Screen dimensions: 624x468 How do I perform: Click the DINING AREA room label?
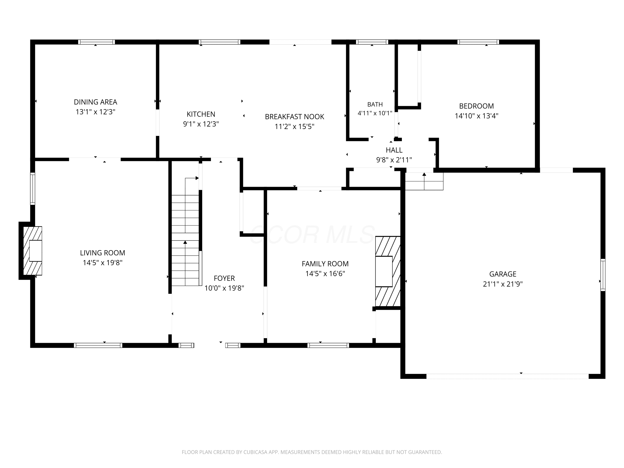pos(95,102)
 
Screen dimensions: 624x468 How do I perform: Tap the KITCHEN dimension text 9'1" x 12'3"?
pos(201,124)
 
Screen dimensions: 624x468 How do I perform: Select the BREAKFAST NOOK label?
pos(295,116)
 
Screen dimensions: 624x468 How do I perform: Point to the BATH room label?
pos(375,104)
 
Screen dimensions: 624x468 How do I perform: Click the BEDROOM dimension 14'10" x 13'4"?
pos(477,116)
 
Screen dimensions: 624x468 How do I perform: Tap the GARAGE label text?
pos(503,274)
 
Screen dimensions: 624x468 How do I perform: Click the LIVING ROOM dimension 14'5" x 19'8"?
pos(102,263)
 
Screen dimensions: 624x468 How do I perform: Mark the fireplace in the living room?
pos(32,251)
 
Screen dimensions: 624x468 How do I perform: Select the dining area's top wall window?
pos(97,42)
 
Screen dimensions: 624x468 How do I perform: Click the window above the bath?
pos(372,42)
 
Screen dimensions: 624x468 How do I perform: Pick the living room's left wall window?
pos(33,189)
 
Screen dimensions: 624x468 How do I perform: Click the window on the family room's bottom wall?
pos(328,345)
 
